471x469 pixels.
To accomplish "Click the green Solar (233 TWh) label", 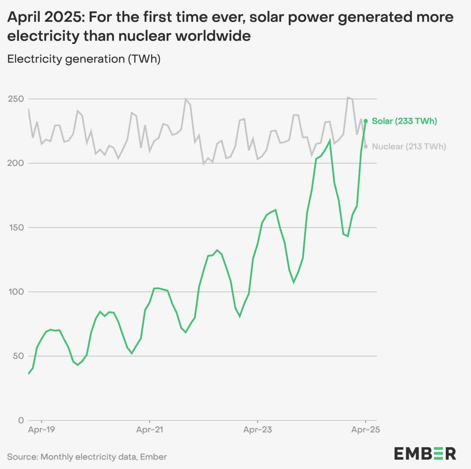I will (x=404, y=121).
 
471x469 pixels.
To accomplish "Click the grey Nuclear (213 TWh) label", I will (x=409, y=147).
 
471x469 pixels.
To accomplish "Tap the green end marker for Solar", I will (x=366, y=121).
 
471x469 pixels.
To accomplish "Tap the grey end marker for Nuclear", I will (x=366, y=147).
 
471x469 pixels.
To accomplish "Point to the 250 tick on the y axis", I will (x=16, y=99).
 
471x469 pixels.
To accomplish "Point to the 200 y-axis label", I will (x=16, y=163).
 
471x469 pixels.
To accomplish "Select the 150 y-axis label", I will (x=16, y=227).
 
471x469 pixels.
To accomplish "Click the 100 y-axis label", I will (x=16, y=292).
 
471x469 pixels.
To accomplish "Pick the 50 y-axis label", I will (x=18, y=356).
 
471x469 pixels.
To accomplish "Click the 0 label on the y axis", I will (x=21, y=420).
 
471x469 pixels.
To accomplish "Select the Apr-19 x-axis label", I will (x=41, y=430).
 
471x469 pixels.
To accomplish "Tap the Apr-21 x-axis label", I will (x=150, y=430).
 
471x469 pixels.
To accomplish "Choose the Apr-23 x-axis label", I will (x=258, y=430).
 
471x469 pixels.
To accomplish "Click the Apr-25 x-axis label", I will (x=366, y=430).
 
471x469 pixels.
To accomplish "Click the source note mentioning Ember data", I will (x=87, y=457).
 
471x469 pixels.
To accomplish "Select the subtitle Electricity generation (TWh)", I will (x=84, y=59).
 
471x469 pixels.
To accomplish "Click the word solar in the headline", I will (x=266, y=17).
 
